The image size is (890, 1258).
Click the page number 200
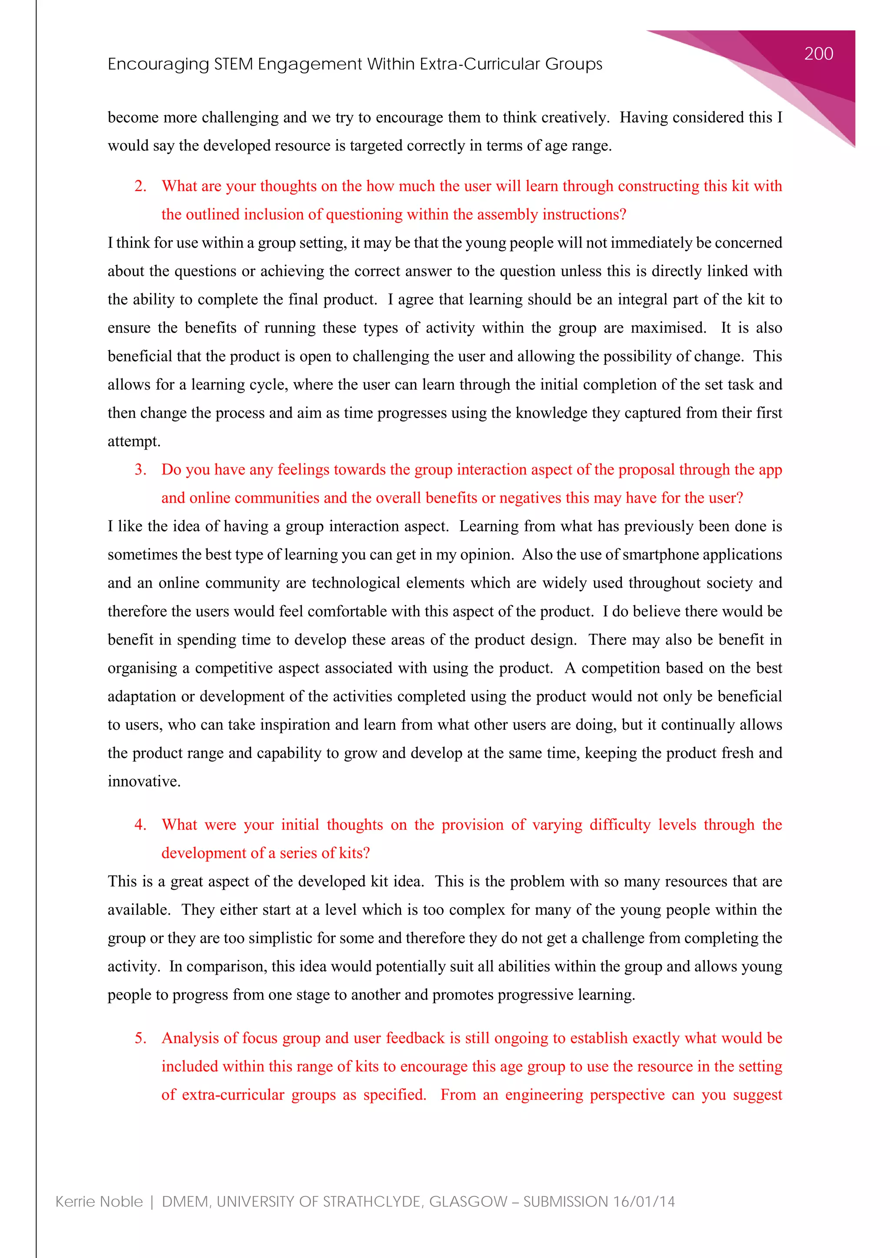click(818, 54)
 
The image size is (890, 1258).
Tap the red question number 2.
click(140, 186)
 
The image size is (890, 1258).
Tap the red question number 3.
click(140, 470)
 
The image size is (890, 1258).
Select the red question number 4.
click(140, 824)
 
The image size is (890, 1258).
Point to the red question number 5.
click(140, 1038)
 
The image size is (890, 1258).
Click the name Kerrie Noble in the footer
click(99, 1202)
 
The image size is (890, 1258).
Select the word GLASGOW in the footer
click(468, 1202)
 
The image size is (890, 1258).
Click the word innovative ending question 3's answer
click(143, 781)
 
